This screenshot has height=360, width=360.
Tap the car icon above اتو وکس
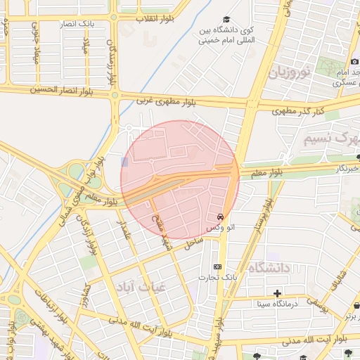coord(221,217)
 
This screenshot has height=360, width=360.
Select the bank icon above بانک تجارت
coord(217,266)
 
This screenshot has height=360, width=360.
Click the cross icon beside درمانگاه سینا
coord(278,292)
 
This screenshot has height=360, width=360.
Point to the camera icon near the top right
coord(354,61)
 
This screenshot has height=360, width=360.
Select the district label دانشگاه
coord(270,268)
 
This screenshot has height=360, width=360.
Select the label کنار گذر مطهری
coord(298,111)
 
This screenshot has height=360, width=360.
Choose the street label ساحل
coord(193,243)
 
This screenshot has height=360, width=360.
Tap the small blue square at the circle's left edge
coord(124,162)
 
